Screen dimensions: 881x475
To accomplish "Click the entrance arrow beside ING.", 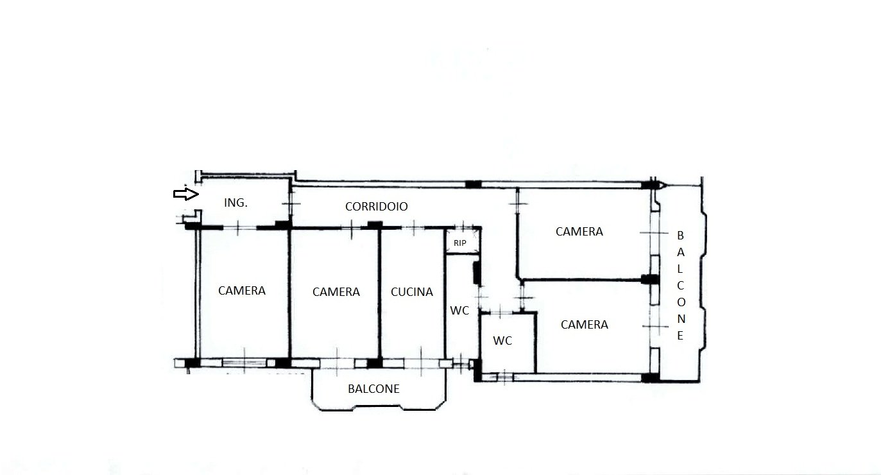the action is coord(186,194).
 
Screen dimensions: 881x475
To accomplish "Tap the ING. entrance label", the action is coord(235,203).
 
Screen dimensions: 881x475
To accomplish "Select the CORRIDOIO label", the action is coord(377,207).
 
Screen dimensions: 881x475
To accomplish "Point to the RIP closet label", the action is coord(460,243).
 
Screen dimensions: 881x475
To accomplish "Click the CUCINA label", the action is coord(412,292).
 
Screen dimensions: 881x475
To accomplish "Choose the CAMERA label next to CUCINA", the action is coord(336,292).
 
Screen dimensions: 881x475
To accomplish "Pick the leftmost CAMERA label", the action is coord(241,291).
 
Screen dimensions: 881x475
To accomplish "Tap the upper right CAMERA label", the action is coord(579,231).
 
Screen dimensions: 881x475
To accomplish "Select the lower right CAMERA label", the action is coord(585,325).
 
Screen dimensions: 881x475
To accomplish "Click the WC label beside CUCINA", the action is coord(459,311).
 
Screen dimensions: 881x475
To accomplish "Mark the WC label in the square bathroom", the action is coord(502,341).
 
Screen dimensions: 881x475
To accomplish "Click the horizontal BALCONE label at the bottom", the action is coord(373,389).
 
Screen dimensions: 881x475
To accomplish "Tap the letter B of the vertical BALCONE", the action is coord(680,236).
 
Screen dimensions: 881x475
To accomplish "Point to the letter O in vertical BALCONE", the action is coord(681,302).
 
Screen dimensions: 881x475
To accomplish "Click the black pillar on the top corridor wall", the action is coord(473,184).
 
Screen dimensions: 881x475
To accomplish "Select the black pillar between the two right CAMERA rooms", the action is coord(649,279).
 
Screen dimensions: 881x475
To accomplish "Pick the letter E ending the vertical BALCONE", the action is coord(680,336).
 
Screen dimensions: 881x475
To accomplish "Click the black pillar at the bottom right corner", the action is coord(650,378).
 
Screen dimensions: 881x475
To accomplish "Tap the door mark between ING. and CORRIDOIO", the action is coord(291,203).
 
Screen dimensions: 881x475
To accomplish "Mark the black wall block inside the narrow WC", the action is coord(477,273).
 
